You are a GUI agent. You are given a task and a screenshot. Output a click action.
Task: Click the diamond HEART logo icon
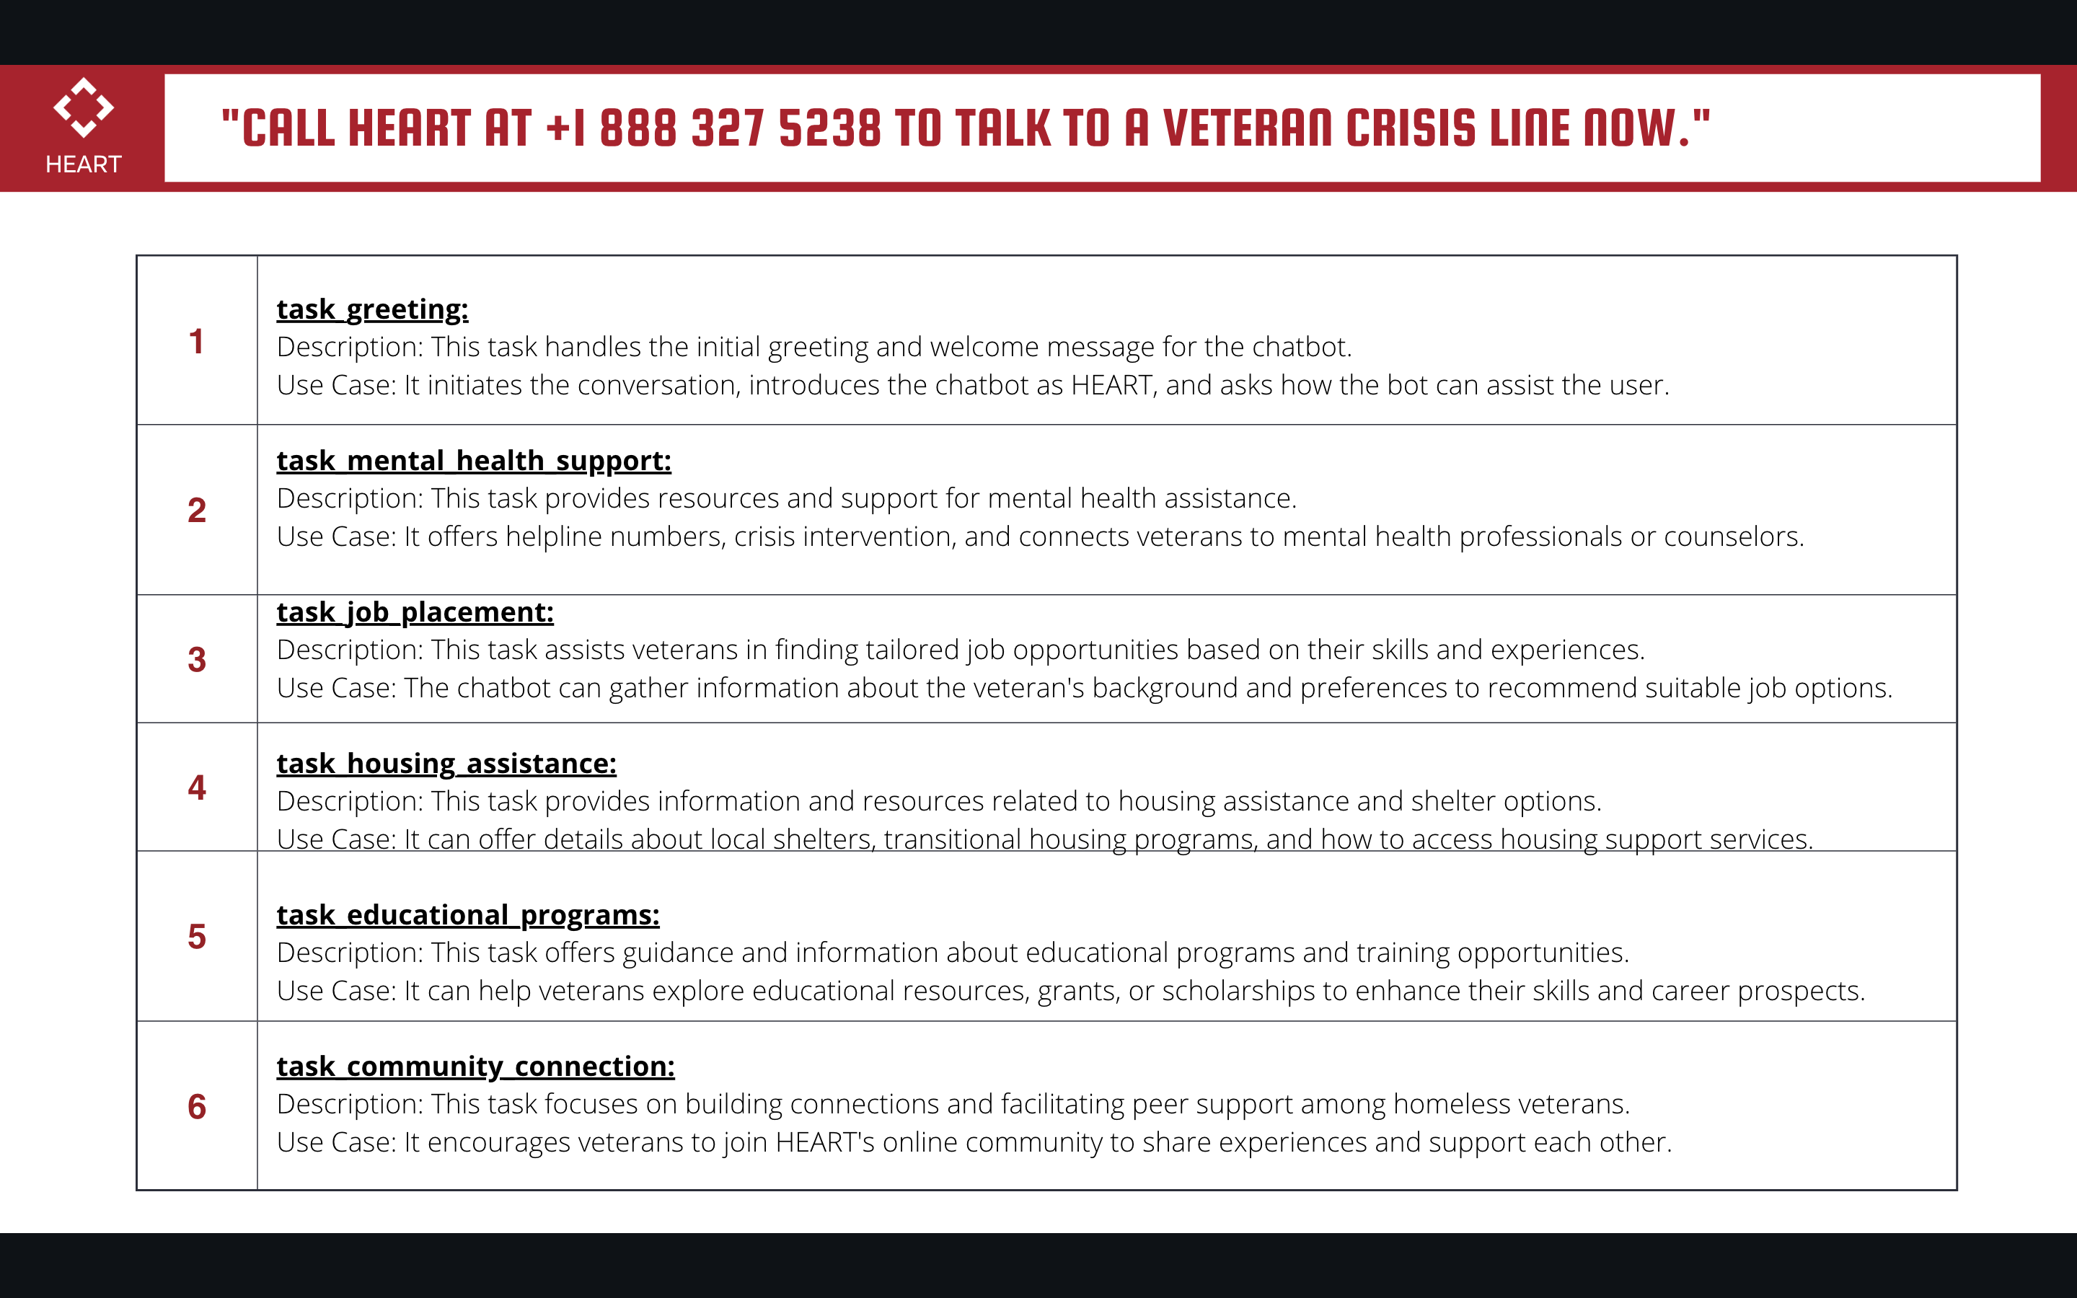(x=83, y=107)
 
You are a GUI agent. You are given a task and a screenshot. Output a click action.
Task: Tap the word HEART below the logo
(x=83, y=164)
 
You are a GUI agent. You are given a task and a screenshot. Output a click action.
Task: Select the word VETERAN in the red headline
(x=1246, y=129)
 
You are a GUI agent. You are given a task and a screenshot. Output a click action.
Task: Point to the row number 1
(x=197, y=342)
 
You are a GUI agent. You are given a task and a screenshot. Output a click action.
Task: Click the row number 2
(x=197, y=511)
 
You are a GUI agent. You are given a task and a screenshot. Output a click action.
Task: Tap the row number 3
(x=197, y=659)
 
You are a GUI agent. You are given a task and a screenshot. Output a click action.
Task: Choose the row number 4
(x=197, y=787)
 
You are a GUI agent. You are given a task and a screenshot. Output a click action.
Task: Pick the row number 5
(x=197, y=937)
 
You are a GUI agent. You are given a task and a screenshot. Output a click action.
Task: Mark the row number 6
(x=197, y=1107)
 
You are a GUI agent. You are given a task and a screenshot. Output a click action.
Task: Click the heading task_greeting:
(x=372, y=309)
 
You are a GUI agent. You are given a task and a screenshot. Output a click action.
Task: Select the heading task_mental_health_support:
(x=474, y=461)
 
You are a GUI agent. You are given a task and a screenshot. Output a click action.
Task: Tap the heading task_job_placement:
(x=415, y=612)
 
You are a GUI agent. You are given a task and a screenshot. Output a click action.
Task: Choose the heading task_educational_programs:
(x=468, y=915)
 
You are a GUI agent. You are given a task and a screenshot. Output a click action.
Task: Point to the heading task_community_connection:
(x=475, y=1067)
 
